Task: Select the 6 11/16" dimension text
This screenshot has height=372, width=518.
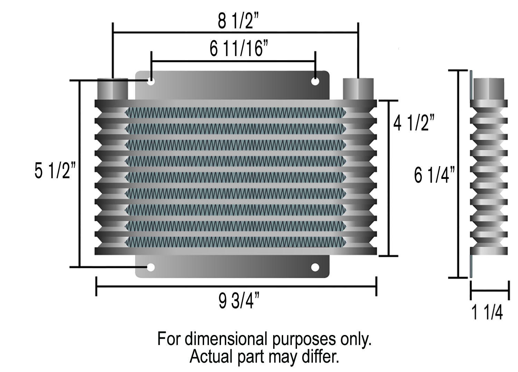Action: pyautogui.click(x=239, y=48)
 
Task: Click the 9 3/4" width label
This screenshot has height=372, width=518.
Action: pyautogui.click(x=239, y=300)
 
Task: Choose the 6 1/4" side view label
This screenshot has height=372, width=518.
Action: pyautogui.click(x=434, y=175)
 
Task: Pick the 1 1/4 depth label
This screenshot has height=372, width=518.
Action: pyautogui.click(x=487, y=312)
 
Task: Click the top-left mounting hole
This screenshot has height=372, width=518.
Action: pyautogui.click(x=151, y=82)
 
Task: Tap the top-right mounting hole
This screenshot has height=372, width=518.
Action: pyautogui.click(x=315, y=82)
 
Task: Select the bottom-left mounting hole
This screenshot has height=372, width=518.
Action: pyautogui.click(x=151, y=267)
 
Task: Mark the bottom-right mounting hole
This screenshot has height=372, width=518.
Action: pyautogui.click(x=315, y=267)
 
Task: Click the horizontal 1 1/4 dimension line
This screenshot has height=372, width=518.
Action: pyautogui.click(x=490, y=291)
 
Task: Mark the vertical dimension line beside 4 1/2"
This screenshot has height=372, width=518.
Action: pyautogui.click(x=389, y=178)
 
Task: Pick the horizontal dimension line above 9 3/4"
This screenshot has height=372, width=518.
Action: pyautogui.click(x=236, y=287)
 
